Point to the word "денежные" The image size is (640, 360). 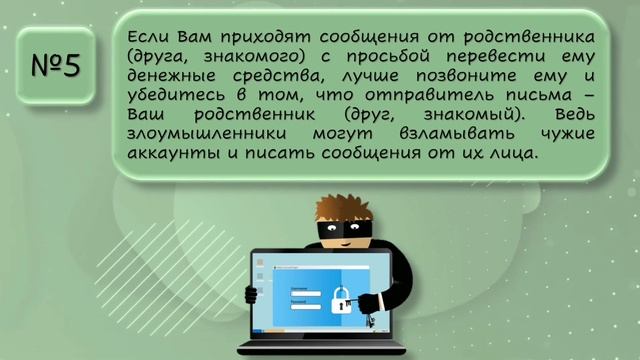[170, 76]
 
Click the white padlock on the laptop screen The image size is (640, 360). [341, 299]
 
